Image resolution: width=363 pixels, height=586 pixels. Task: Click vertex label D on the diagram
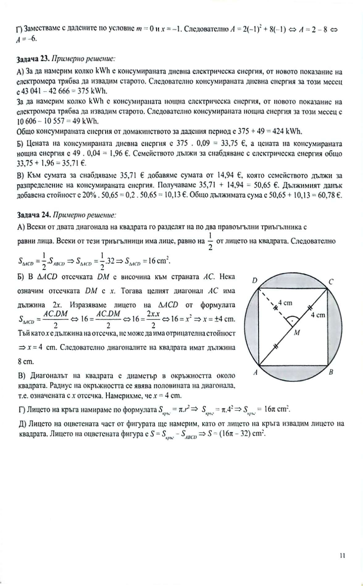click(255, 281)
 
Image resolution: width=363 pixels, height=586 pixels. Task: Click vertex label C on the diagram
click(331, 282)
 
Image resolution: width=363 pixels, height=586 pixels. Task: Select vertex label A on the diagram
click(256, 372)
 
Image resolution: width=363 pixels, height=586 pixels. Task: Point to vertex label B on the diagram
click(331, 372)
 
